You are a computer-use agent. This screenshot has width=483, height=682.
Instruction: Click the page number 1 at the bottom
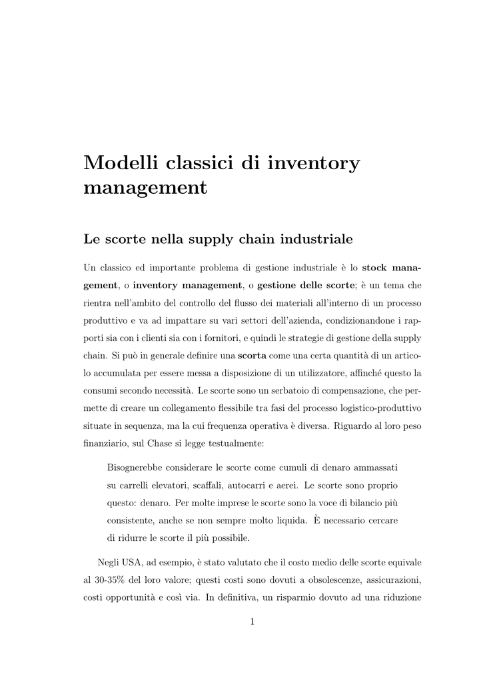pyautogui.click(x=252, y=622)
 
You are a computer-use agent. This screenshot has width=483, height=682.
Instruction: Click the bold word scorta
pyautogui.click(x=252, y=354)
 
